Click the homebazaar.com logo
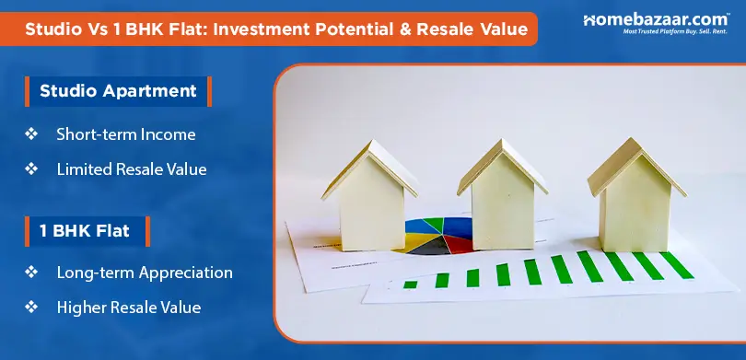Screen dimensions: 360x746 655,23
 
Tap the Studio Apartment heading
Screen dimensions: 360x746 117,91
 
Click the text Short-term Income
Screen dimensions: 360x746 125,134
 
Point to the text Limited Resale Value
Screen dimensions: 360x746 131,169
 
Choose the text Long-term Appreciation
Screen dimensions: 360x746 144,273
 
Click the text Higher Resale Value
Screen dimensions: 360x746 128,307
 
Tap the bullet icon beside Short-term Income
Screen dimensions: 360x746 31,134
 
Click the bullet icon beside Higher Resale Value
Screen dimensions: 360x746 31,307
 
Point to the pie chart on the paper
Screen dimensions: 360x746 440,236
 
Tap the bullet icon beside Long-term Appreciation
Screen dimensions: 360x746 31,273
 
